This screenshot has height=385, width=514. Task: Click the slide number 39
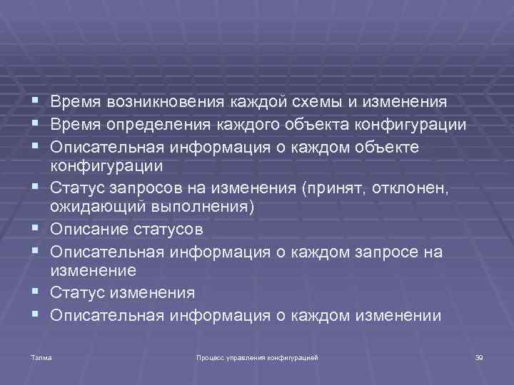(479, 355)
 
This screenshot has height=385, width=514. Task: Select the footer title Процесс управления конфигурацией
(257, 355)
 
